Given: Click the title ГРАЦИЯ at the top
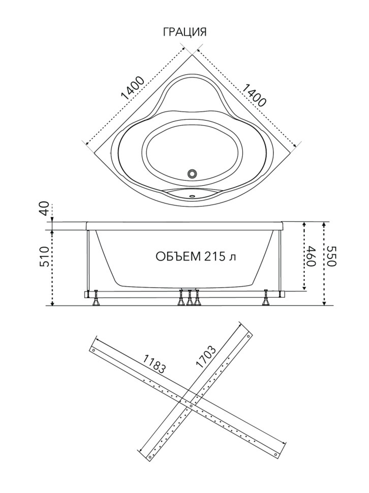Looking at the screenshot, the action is coord(184,32).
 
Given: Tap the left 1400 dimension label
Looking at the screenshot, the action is coord(132,88).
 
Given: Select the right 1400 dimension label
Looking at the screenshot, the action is coord(254,95).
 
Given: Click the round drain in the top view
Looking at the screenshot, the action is coord(192,173).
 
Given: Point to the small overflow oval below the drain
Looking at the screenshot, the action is coord(192,196).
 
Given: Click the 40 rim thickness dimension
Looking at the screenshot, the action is coord(45,208).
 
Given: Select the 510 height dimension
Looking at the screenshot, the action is coord(45,256).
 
